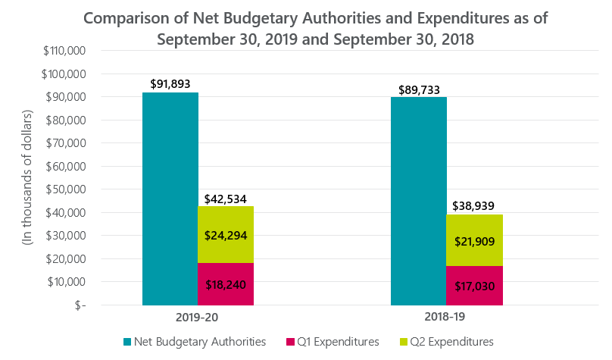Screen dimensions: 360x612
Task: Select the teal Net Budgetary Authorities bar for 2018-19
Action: pos(418,201)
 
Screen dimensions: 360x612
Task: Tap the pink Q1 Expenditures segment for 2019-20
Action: pos(226,284)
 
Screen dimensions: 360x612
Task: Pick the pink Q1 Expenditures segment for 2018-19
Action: pos(474,286)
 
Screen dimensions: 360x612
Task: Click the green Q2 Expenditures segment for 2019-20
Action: pos(226,235)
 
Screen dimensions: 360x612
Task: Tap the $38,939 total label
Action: pos(474,205)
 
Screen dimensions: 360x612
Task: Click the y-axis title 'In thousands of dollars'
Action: pos(28,177)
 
